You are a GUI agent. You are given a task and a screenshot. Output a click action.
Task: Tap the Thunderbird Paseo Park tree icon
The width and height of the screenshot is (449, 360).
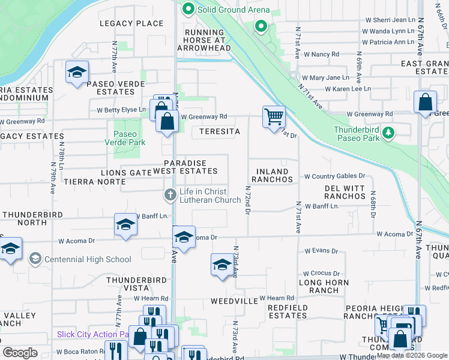coord(388,132)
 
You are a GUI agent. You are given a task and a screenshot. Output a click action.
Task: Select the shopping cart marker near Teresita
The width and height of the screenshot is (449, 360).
coord(274,116)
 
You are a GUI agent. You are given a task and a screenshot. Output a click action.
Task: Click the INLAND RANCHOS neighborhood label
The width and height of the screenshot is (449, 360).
coord(272,175)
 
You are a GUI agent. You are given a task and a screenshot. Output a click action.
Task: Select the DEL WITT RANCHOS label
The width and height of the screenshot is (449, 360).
coord(345,192)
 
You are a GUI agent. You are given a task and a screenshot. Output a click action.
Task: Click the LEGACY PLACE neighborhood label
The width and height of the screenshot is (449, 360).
coord(133,23)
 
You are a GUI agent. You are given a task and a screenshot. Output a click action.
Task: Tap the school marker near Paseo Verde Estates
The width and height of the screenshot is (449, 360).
coord(77,73)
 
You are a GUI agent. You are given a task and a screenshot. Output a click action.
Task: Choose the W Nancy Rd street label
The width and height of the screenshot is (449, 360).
coord(322,54)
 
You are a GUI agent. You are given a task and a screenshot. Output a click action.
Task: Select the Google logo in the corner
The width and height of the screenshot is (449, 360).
coord(20,352)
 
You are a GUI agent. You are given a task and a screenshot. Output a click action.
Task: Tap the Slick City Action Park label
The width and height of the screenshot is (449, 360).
coord(93,334)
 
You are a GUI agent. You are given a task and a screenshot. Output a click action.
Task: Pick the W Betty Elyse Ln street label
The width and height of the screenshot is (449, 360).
coord(121,110)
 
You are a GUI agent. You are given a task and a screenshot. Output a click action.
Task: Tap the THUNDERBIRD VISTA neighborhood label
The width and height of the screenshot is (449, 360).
coord(136,284)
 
